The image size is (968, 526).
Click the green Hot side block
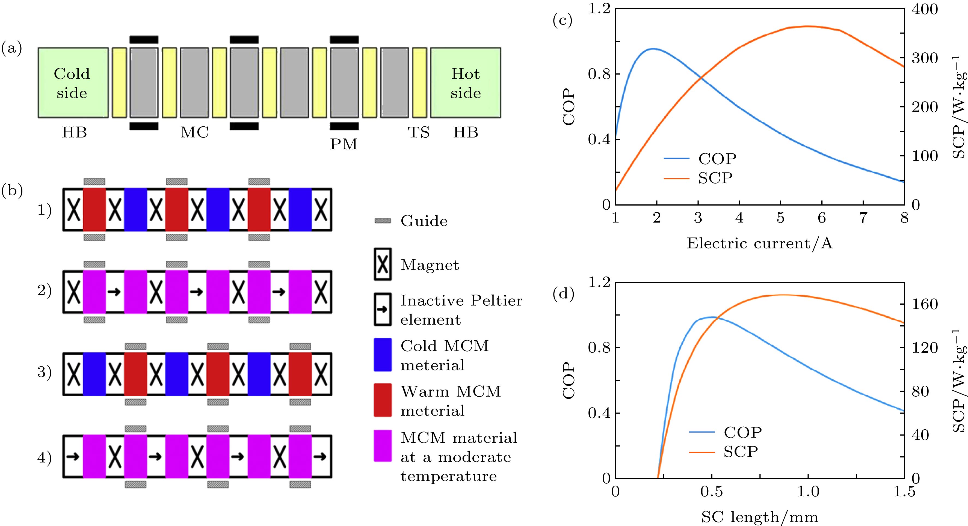tap(466, 83)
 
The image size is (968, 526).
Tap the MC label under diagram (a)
tap(194, 133)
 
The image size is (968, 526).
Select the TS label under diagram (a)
tap(419, 133)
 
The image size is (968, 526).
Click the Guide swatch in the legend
tap(383, 221)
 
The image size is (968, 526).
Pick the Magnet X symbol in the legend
tap(383, 265)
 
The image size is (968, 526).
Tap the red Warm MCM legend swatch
tap(383, 400)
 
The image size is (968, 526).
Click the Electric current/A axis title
tap(759, 244)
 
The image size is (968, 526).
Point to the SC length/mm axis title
tap(759, 517)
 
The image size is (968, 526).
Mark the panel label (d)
tap(563, 295)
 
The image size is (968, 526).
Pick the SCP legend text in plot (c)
tap(715, 178)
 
